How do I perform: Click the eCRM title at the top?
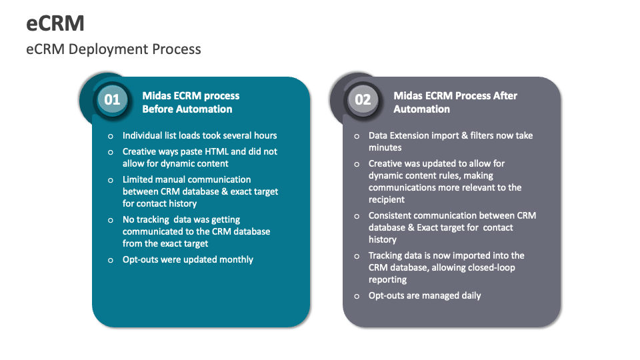(55, 23)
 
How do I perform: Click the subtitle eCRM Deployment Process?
(113, 49)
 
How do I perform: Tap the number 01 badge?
(111, 100)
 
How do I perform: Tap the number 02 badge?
(362, 100)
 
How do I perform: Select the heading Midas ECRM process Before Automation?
(191, 103)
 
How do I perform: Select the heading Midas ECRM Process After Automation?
(455, 103)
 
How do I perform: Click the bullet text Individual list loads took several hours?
(199, 135)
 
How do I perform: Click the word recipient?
(387, 199)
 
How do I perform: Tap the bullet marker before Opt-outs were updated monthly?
(110, 260)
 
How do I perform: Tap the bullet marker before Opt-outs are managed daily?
(357, 296)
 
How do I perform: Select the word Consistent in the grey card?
(390, 215)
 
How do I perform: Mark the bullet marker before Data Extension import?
(357, 136)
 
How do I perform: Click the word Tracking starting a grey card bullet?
(387, 255)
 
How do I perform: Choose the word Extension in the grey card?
(413, 135)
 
